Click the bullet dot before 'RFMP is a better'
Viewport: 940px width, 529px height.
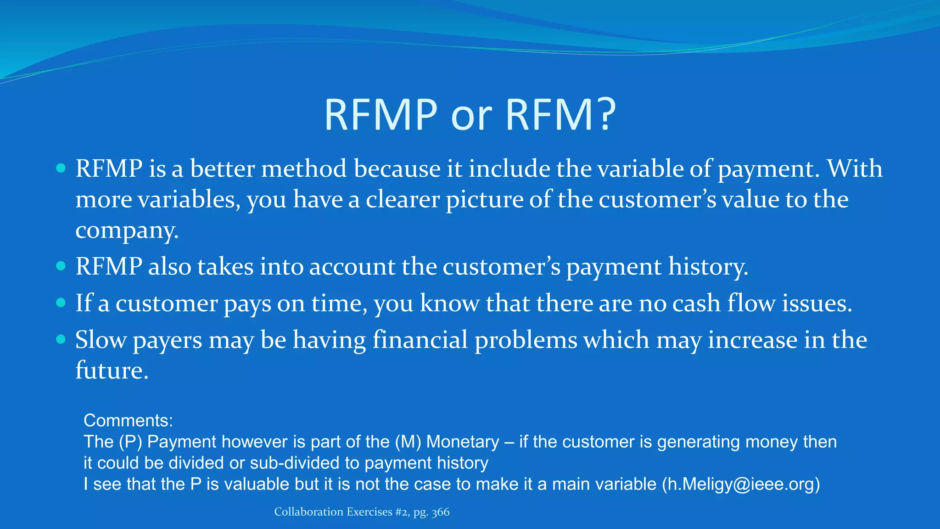61,168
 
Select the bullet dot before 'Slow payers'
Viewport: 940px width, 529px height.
61,339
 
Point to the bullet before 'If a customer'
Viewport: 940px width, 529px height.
61,303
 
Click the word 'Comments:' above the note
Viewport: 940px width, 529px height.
128,421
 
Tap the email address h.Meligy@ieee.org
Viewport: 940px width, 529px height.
740,484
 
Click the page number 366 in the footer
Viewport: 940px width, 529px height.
440,512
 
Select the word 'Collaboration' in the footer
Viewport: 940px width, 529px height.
308,512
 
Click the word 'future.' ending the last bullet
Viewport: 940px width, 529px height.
112,371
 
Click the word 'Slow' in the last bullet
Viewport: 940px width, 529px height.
101,340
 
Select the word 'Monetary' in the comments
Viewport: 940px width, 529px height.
462,442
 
